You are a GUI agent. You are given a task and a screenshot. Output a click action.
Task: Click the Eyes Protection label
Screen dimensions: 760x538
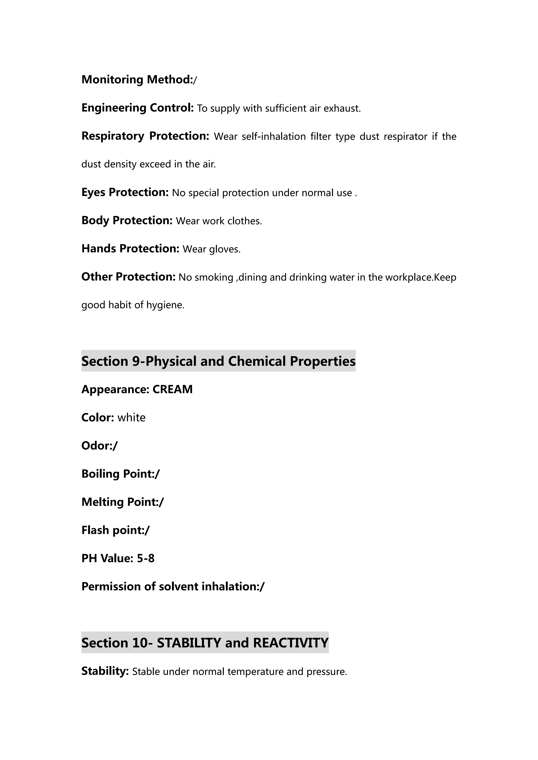point(125,192)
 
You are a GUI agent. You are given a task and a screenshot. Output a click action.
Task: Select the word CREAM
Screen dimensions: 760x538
point(172,389)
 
